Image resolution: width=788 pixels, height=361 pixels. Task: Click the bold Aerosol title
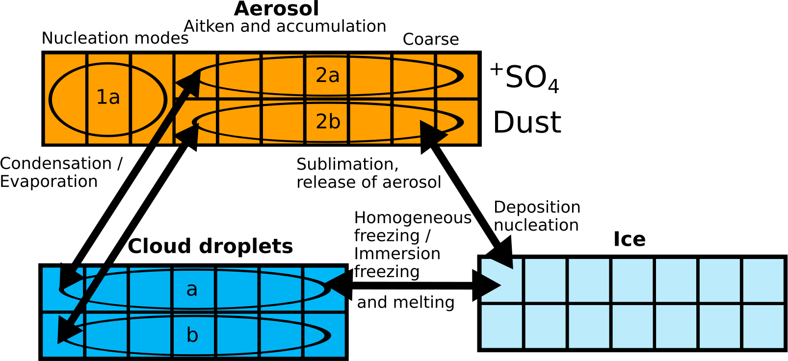click(x=276, y=9)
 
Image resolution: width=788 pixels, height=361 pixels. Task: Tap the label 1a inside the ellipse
click(x=108, y=97)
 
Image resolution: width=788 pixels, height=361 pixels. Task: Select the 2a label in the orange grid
click(x=327, y=75)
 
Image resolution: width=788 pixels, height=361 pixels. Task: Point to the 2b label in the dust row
click(x=328, y=122)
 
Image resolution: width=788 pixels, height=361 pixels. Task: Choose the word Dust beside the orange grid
click(x=527, y=122)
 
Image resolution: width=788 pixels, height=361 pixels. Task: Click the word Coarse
click(x=431, y=39)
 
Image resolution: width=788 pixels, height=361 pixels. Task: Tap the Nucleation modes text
click(x=115, y=38)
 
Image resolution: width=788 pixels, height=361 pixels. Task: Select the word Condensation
click(x=56, y=163)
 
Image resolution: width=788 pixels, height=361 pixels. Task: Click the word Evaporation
click(x=49, y=181)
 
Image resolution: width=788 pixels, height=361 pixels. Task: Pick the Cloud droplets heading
click(x=210, y=246)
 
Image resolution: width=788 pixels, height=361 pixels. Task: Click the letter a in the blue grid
click(x=192, y=289)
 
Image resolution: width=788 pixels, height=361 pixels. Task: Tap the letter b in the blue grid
click(x=192, y=335)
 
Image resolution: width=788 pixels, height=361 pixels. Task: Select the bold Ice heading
click(x=630, y=239)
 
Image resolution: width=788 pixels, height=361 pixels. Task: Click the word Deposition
click(x=537, y=207)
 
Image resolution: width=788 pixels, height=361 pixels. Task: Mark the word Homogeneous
click(x=413, y=218)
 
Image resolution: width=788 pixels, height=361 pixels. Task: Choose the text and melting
click(x=406, y=302)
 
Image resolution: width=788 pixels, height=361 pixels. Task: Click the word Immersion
click(x=397, y=254)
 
